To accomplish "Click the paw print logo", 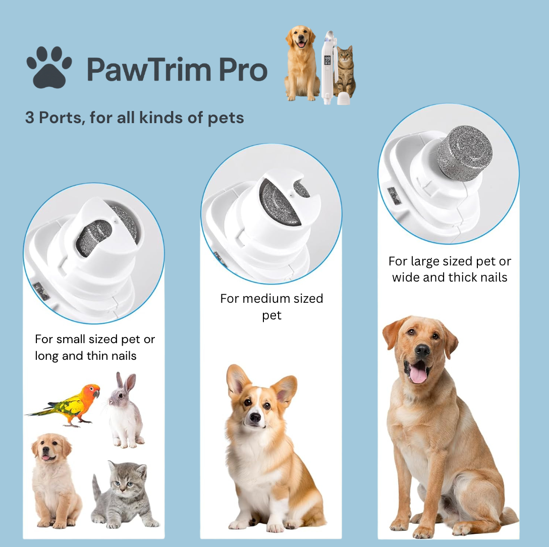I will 49,67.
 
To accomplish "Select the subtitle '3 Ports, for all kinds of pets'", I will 134,118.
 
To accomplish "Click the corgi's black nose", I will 255,417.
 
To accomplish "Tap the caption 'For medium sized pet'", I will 271,307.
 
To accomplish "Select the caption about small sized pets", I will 94,347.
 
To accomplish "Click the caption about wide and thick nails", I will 450,269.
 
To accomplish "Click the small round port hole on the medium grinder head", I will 302,189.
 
